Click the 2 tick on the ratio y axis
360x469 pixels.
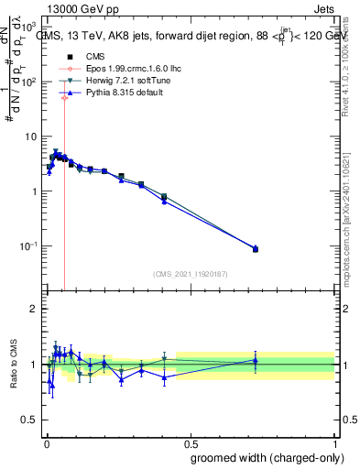[x=33, y=309]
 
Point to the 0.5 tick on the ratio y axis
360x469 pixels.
[x=29, y=420]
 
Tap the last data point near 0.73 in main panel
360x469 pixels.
[x=256, y=248]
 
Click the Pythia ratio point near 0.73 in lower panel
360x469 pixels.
[x=256, y=361]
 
